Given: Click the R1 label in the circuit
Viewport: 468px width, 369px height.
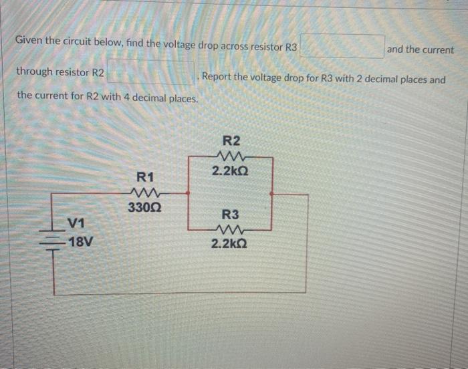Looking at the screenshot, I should click(x=145, y=177).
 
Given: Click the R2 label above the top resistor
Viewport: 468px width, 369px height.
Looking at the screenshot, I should click(x=231, y=141).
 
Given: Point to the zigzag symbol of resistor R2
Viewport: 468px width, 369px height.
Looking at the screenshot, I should click(x=230, y=156).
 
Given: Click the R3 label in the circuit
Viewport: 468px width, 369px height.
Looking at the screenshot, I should click(x=230, y=215).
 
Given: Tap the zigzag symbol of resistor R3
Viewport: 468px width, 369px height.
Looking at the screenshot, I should click(x=230, y=229).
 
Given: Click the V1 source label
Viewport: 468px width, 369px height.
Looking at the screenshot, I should click(x=76, y=223).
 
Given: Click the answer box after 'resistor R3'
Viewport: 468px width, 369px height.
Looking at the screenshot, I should click(x=342, y=47).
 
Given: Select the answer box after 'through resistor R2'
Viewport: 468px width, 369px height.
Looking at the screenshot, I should click(x=152, y=72).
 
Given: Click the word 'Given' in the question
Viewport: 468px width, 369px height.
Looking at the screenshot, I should click(x=30, y=40).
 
